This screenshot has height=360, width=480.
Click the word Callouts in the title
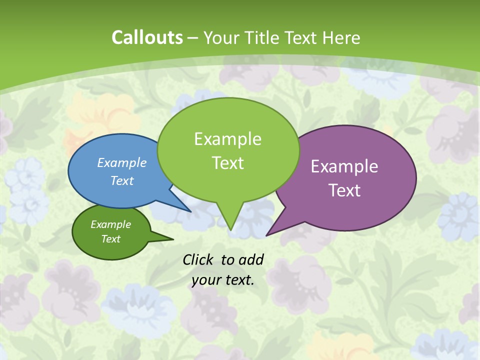147,37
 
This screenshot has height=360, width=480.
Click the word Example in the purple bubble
344,166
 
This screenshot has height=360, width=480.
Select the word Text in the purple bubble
344,190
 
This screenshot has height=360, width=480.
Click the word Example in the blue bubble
122,162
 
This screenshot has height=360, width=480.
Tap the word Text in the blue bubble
122,180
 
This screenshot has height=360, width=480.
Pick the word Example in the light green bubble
228,139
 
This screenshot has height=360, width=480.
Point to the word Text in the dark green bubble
110,239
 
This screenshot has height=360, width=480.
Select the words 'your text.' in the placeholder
223,280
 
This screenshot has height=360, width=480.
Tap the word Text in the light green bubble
228,163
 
